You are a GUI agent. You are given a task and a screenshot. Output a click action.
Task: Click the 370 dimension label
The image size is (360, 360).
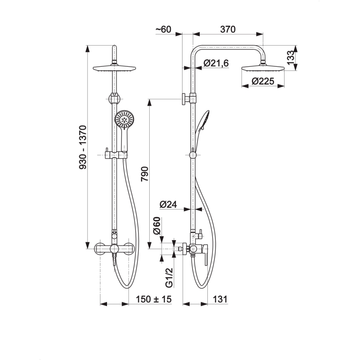tap(228, 29)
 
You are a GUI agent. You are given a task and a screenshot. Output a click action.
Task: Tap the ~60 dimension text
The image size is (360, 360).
tap(163, 29)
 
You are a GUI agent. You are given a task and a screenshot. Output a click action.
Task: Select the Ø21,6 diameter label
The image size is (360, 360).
tap(216, 63)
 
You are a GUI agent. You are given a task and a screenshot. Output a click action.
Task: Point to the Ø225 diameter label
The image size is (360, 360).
tap(263, 81)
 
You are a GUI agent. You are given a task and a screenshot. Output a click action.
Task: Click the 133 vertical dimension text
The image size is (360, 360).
tap(290, 58)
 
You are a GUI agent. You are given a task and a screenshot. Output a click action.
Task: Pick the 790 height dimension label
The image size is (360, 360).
tap(145, 174)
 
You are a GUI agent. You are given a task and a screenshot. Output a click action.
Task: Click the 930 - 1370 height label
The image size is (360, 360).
tap(83, 147)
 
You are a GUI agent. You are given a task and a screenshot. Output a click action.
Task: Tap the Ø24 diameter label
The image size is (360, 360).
tap(168, 204)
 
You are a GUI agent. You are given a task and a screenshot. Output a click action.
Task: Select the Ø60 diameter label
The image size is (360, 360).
tap(157, 226)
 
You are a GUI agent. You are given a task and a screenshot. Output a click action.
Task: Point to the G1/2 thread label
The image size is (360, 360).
tap(169, 277)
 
